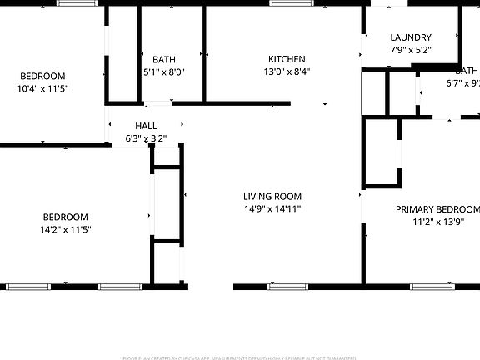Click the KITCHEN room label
coord(287,59)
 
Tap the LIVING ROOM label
coord(272,197)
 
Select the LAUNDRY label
coord(411,37)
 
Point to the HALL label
coord(146,127)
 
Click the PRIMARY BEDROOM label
coord(437,209)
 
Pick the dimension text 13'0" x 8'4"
coord(287,72)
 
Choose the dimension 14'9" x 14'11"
coord(272,209)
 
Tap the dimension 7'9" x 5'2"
coord(411,50)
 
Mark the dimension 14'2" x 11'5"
coord(65,229)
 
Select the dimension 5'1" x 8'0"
coord(164,72)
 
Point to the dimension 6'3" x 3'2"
coord(146,138)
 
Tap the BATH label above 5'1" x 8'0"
coord(164,60)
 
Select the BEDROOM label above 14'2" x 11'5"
coord(65,217)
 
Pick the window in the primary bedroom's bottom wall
coord(432,287)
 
